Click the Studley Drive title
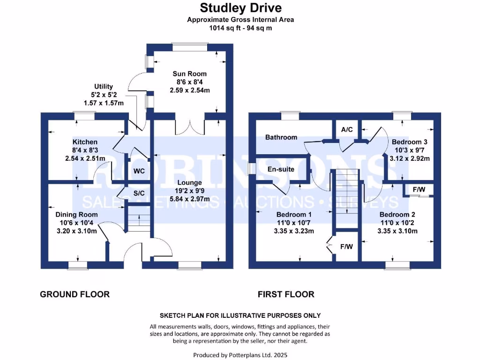click(241, 8)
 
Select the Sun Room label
click(189, 74)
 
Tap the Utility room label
click(104, 86)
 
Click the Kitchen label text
click(85, 142)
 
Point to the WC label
click(139, 171)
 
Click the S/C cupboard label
click(138, 193)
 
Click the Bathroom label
click(281, 137)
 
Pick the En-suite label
click(281, 169)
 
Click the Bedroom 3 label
click(410, 142)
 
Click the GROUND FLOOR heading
click(75, 294)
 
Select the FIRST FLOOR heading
click(286, 294)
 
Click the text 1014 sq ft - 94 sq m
click(240, 28)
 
